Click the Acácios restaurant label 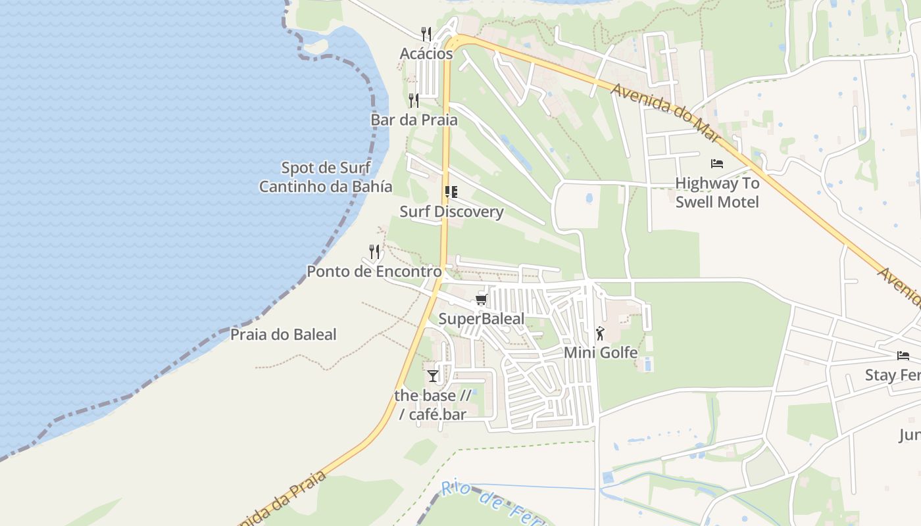point(426,53)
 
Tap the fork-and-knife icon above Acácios point(426,34)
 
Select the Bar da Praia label point(414,120)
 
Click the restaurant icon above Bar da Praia point(414,100)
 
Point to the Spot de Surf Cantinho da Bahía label point(326,177)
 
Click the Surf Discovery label point(451,212)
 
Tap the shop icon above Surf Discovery point(451,192)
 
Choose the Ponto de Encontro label point(374,271)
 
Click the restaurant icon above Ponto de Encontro point(374,252)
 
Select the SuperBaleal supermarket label point(482,319)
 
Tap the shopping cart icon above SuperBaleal point(482,300)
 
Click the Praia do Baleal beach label point(283,335)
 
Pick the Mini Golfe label point(601,352)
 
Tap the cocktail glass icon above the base point(432,376)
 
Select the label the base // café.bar point(432,405)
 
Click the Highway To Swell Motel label point(717,192)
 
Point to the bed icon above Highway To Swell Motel point(717,163)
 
